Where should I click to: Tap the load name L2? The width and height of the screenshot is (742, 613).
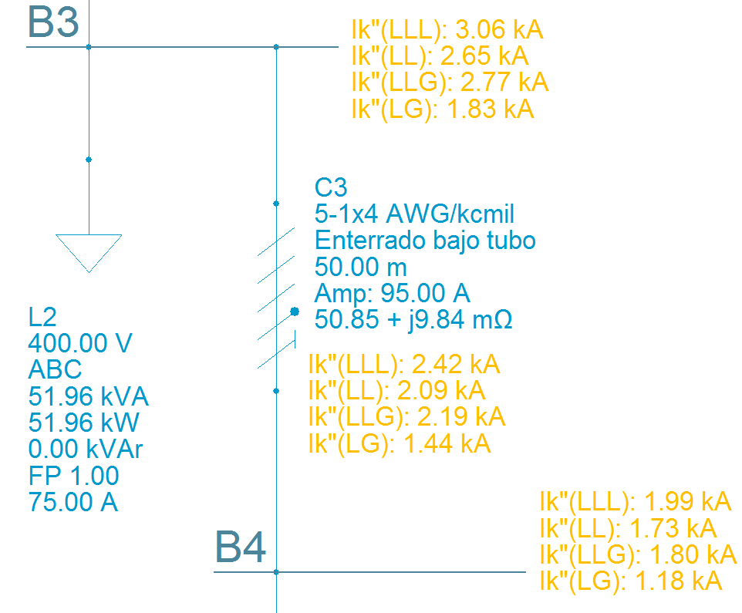tap(42, 318)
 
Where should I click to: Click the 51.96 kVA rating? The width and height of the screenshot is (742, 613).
tap(88, 397)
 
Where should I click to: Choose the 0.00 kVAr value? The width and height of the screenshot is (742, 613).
tap(86, 450)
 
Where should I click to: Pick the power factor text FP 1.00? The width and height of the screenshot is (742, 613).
tap(73, 476)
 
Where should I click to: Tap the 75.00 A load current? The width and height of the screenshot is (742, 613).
tap(73, 502)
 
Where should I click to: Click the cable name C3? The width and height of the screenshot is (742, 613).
tap(331, 187)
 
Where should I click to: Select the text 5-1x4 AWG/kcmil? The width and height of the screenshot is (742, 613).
tap(414, 214)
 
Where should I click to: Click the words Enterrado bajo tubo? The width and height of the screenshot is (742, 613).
tap(425, 241)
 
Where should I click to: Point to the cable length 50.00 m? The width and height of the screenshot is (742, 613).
tap(360, 267)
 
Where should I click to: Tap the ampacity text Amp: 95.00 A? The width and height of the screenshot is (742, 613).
tap(392, 293)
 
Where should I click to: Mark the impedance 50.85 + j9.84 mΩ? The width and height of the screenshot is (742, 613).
tap(413, 319)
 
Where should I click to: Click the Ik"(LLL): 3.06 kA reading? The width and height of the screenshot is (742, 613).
tap(447, 31)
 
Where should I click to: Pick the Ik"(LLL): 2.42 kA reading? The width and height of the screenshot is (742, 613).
tap(403, 364)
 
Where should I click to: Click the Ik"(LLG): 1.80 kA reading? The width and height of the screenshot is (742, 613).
tap(637, 554)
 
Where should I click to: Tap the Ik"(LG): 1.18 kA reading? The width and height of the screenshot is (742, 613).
tap(631, 581)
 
